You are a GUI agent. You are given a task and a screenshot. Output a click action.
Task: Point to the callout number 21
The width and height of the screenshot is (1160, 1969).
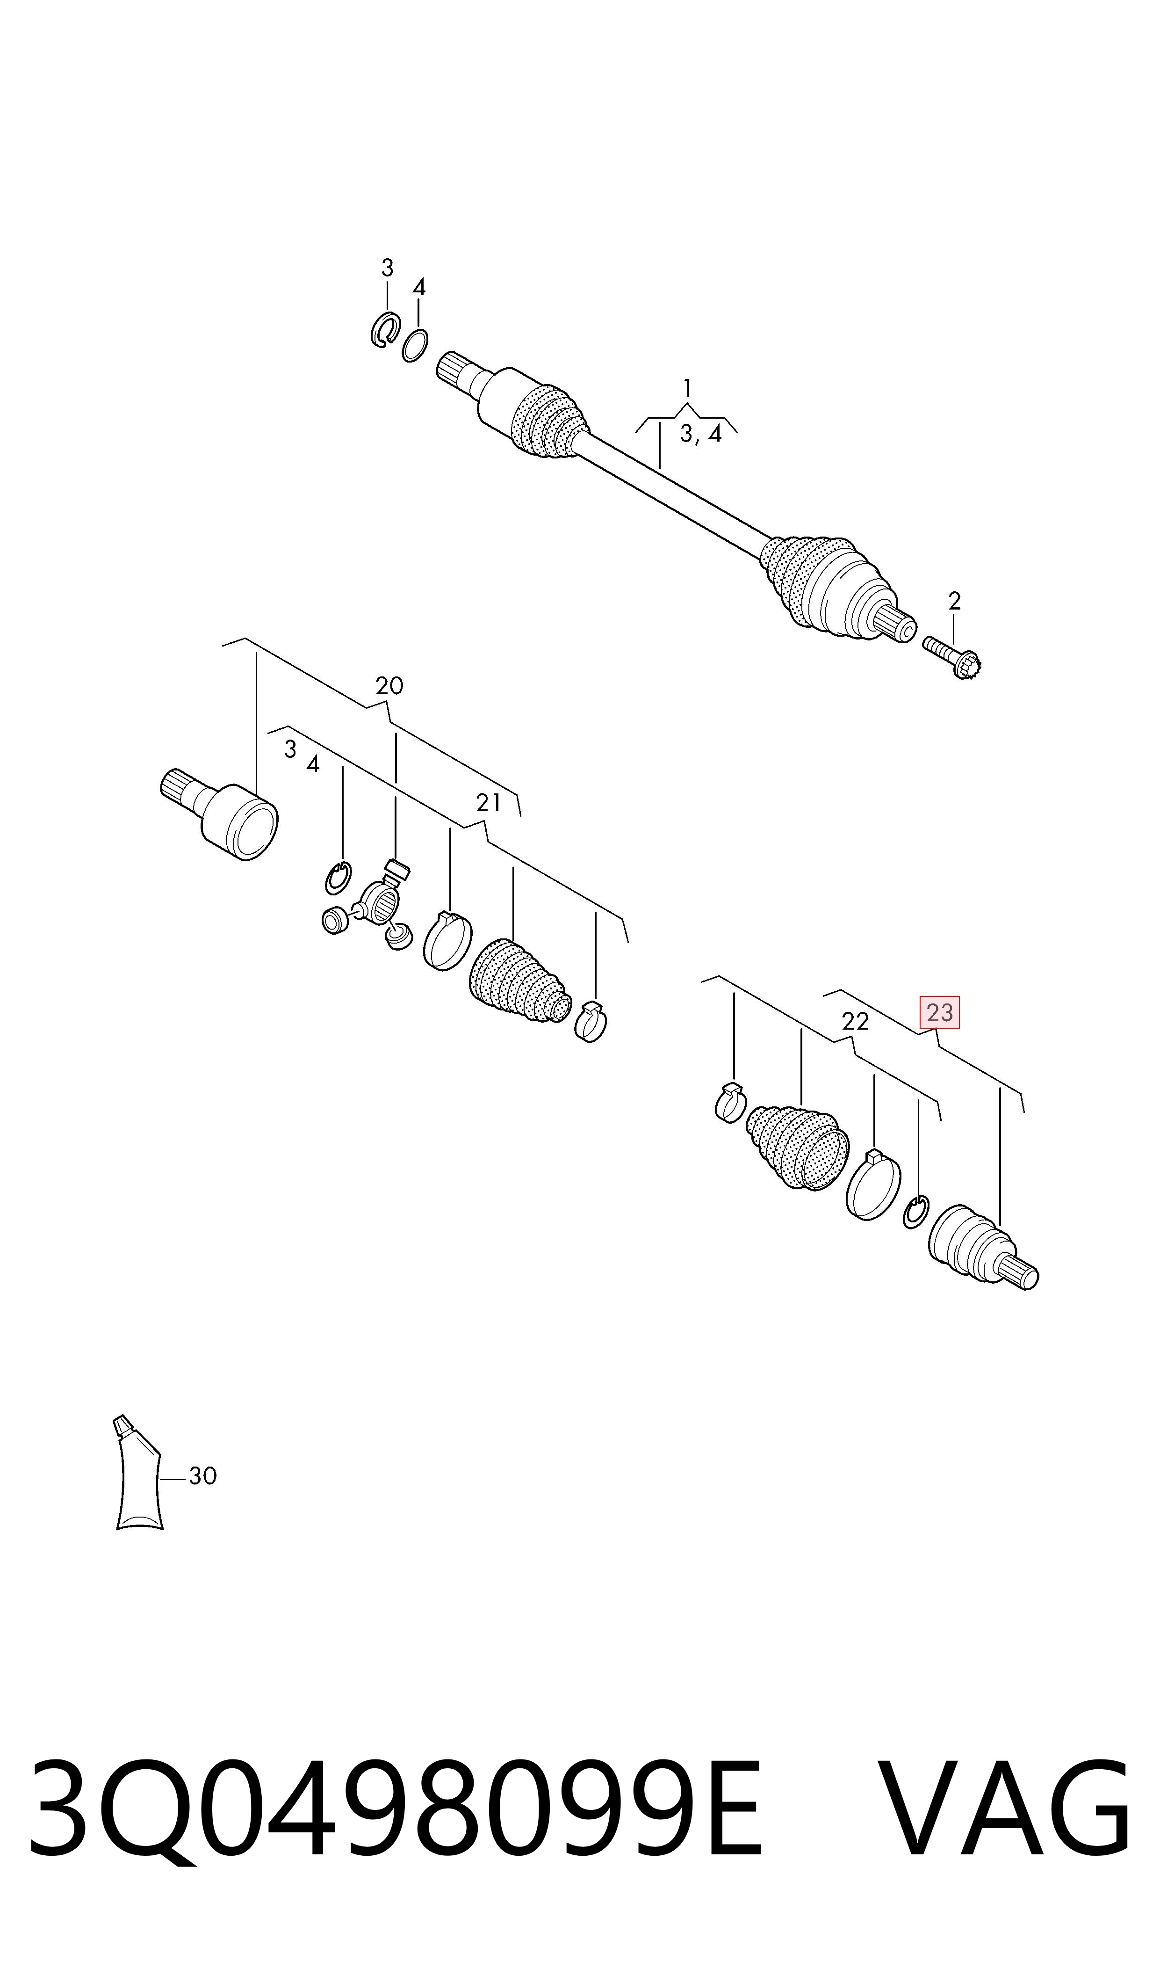tap(488, 803)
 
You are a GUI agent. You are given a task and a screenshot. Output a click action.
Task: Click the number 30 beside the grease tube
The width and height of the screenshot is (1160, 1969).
tap(202, 1476)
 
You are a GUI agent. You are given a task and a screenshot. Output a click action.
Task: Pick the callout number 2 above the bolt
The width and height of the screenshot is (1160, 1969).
tap(954, 601)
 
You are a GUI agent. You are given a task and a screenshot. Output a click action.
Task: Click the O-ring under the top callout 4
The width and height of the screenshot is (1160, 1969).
tap(415, 346)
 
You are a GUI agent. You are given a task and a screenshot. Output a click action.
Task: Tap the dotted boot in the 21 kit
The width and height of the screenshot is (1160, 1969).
tap(520, 981)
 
